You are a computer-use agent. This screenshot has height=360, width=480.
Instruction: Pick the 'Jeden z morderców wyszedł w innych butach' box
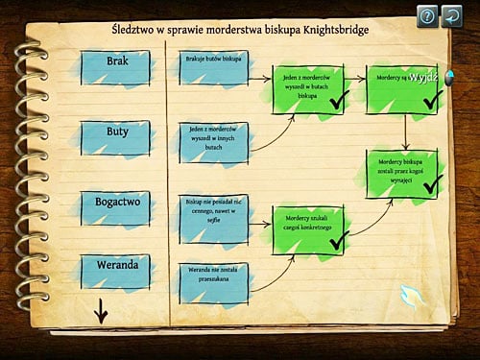pos(213,137)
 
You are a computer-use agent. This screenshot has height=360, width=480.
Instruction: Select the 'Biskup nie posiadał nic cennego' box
pos(213,218)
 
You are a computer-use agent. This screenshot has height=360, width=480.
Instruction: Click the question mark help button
pos(427,15)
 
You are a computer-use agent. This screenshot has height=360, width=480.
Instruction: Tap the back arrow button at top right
pos(452,15)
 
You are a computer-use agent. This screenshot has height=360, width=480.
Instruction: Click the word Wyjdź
pos(423,77)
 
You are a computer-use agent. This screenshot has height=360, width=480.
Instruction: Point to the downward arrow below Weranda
pos(100,311)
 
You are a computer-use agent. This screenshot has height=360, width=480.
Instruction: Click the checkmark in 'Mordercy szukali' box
pos(338,241)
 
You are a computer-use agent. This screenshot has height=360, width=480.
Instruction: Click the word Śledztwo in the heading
pos(136,29)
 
